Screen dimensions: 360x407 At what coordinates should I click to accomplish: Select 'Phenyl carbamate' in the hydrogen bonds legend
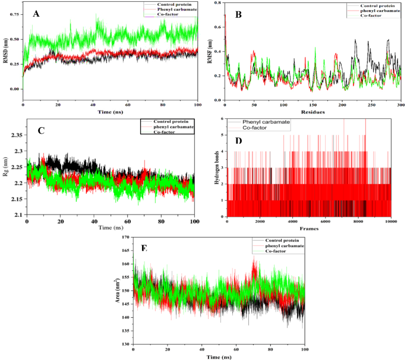pos(266,121)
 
